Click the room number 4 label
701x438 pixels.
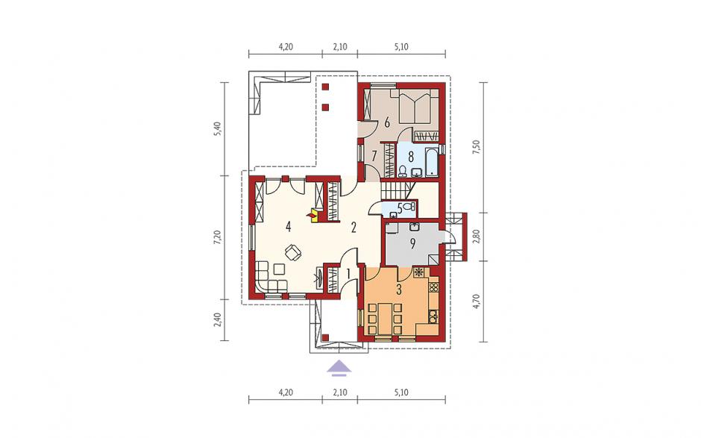289,228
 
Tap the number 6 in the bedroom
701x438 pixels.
387,121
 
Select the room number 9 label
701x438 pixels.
413,243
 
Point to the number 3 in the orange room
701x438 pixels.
399,290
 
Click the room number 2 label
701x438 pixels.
353,228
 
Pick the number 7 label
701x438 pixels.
374,156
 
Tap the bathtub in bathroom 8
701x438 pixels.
432,161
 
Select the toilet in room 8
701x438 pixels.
403,171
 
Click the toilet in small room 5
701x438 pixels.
409,207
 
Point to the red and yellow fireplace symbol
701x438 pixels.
313,215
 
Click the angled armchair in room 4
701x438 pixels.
293,252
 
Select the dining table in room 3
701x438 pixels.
384,319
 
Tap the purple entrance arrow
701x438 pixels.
339,366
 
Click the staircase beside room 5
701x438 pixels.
397,190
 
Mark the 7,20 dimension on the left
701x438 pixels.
218,237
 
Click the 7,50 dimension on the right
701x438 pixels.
477,148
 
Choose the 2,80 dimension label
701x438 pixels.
477,237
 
